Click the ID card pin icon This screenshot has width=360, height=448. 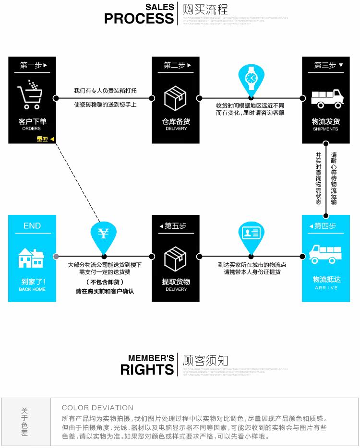click(x=251, y=234)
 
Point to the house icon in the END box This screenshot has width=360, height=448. click(x=31, y=258)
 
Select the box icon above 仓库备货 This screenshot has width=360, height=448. click(x=175, y=98)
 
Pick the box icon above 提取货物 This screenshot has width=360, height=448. click(x=175, y=259)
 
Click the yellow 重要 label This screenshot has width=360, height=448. click(x=43, y=139)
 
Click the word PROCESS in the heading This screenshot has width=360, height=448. click(x=139, y=19)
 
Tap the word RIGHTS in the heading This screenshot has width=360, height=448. click(x=147, y=370)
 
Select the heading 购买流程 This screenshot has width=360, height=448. click(x=205, y=10)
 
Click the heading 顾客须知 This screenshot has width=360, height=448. click(x=205, y=361)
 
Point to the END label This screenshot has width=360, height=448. click(x=32, y=225)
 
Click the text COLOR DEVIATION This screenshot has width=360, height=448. click(x=97, y=408)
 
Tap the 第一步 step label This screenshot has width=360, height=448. click(x=31, y=65)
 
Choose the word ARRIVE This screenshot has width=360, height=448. click(x=326, y=288)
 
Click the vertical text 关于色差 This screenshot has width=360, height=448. click(x=24, y=422)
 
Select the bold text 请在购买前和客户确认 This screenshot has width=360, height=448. click(x=105, y=291)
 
